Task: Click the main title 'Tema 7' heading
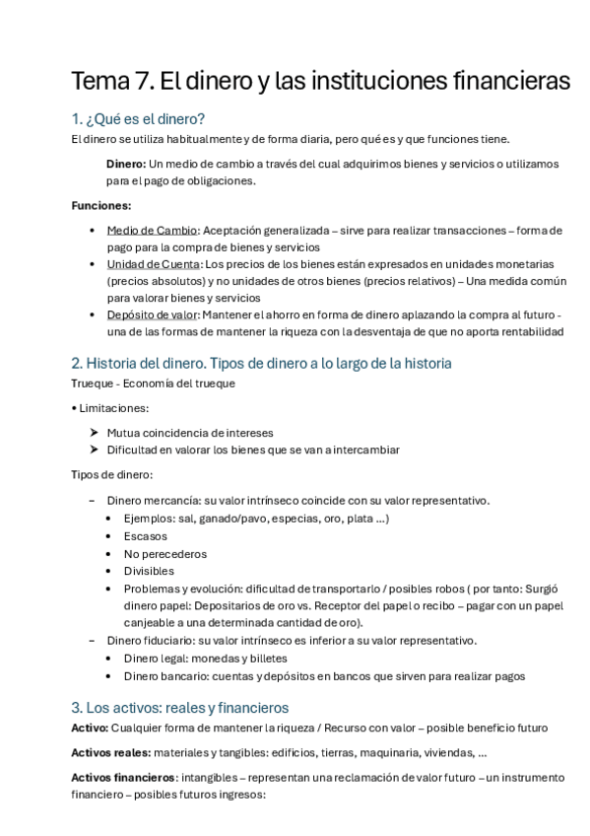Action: click(320, 82)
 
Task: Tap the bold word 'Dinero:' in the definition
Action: click(126, 163)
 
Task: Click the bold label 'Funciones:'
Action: click(101, 205)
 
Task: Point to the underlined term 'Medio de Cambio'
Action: click(153, 230)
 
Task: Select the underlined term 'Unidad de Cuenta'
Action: click(153, 264)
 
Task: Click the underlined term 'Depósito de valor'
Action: click(152, 314)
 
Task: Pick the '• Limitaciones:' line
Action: click(110, 407)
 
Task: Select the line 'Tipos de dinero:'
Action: click(112, 475)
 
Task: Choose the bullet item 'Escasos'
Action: click(145, 536)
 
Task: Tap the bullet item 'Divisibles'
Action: click(149, 571)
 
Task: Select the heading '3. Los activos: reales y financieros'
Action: click(179, 707)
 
